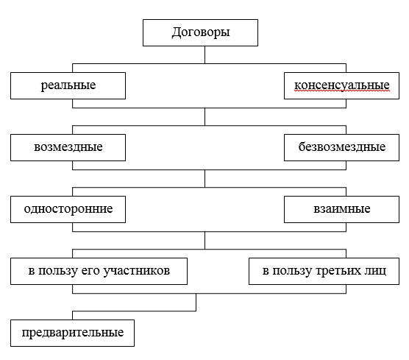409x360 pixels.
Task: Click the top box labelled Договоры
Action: pyautogui.click(x=200, y=32)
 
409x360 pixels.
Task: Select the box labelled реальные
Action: pyautogui.click(x=68, y=85)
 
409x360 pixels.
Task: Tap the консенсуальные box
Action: pyautogui.click(x=341, y=85)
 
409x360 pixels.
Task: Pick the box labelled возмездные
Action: pyautogui.click(x=68, y=147)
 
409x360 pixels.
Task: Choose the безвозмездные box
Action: pyautogui.click(x=341, y=147)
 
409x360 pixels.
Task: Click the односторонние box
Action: pyautogui.click(x=68, y=209)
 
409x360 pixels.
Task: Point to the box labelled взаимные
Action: pyautogui.click(x=341, y=209)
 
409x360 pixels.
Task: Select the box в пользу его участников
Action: pyautogui.click(x=99, y=271)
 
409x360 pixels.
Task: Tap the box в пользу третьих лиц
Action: pyautogui.click(x=324, y=271)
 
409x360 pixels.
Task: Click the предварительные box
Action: pyautogui.click(x=73, y=333)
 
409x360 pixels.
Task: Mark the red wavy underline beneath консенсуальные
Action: pyautogui.click(x=342, y=91)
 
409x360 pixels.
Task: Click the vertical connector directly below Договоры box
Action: pyautogui.click(x=204, y=54)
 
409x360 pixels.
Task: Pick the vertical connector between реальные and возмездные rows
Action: pyautogui.click(x=204, y=117)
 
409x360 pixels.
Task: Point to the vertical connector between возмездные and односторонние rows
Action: pyautogui.click(x=204, y=179)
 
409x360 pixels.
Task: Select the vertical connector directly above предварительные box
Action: pyautogui.click(x=72, y=315)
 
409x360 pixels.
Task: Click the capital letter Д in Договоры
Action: pyautogui.click(x=176, y=32)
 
